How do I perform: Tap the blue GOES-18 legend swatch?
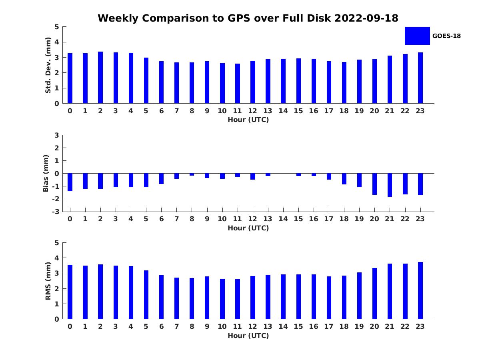[x=417, y=36]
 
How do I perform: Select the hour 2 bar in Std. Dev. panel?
[x=100, y=78]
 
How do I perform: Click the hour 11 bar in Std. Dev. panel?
[x=238, y=84]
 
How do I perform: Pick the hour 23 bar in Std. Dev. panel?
[x=420, y=78]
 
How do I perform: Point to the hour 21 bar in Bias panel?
[x=390, y=185]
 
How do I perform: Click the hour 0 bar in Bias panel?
[x=70, y=182]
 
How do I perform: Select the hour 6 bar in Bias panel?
[x=161, y=178]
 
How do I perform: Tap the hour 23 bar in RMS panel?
[x=420, y=290]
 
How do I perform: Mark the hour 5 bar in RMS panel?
[x=146, y=295]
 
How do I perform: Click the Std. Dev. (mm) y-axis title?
[x=48, y=65]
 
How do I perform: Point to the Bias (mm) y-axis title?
[x=46, y=173]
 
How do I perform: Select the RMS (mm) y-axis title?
[x=48, y=281]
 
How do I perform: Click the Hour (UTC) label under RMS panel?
[x=248, y=336]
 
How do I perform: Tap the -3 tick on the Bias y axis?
[x=56, y=212]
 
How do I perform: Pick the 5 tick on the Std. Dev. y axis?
[x=57, y=27]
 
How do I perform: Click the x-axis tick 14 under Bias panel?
[x=283, y=219]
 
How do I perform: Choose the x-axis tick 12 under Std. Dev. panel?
[x=252, y=111]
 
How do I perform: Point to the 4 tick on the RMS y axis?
[x=57, y=258]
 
